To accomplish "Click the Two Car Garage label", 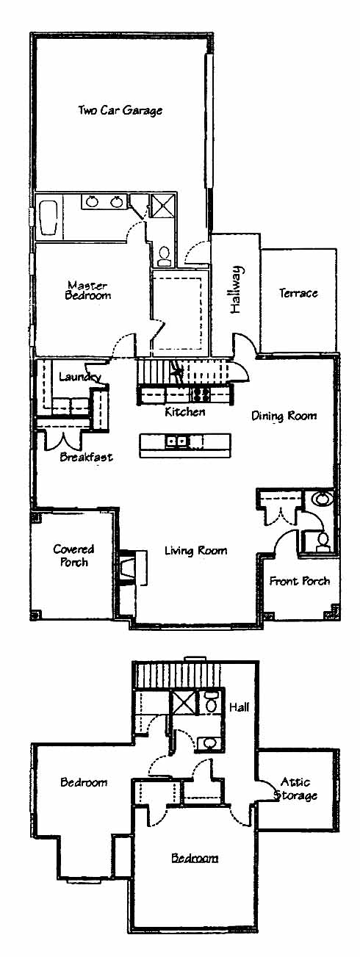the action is click(x=120, y=110).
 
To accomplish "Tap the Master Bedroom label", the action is click(x=87, y=290).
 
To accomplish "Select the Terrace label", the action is click(x=298, y=293).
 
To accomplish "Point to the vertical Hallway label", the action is click(x=236, y=289).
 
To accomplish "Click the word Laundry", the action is click(x=80, y=377).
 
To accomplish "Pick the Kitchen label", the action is click(x=184, y=412).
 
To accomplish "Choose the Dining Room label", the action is click(x=284, y=416).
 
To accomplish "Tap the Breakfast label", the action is click(x=86, y=457).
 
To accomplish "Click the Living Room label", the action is click(x=196, y=551).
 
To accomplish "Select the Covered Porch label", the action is click(x=73, y=555).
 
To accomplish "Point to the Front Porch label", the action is click(x=299, y=581).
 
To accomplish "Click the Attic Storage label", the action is click(x=296, y=789).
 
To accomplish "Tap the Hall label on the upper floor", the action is click(x=239, y=707).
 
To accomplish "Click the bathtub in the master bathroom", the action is click(x=48, y=218).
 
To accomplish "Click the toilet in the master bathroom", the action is click(x=164, y=256).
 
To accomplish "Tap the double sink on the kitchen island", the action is click(x=176, y=441).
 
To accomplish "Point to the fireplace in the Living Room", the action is click(x=129, y=568).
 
